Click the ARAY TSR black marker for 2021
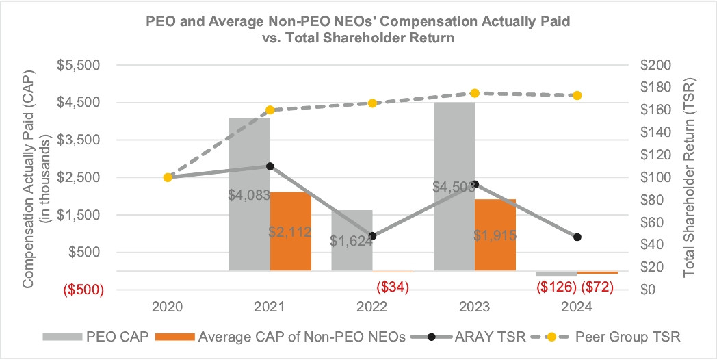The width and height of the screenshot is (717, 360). [x=270, y=166]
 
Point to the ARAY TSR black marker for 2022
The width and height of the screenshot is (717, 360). [x=372, y=236]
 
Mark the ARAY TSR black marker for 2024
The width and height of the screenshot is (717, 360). [x=577, y=237]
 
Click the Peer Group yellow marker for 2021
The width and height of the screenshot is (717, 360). [x=270, y=110]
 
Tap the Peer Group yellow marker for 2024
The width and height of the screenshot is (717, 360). [x=577, y=95]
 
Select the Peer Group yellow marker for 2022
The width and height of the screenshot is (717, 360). [x=372, y=103]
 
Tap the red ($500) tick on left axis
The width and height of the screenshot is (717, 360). [x=83, y=290]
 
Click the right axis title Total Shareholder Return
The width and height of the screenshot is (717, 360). [x=689, y=177]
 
